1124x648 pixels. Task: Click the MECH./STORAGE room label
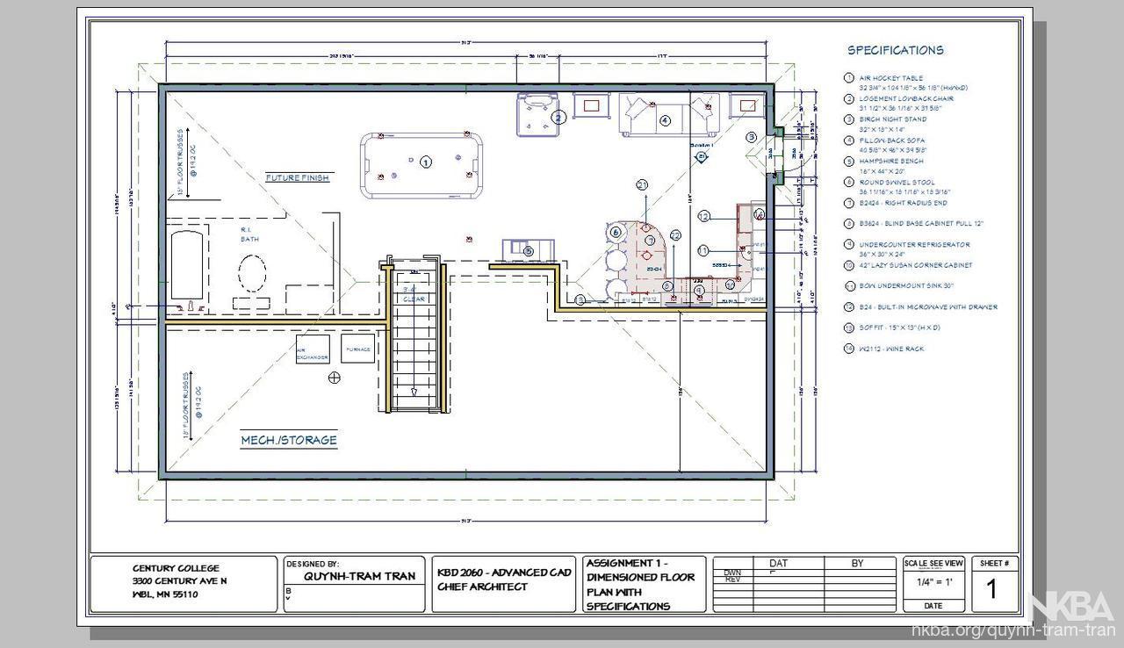coord(289,440)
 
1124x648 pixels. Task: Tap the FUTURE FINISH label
coord(298,177)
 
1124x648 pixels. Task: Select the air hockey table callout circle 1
coord(426,162)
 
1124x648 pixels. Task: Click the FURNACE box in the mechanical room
coord(357,349)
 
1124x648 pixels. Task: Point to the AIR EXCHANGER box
coord(313,349)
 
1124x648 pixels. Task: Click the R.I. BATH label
coord(249,234)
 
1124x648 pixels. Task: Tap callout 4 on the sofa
coord(665,120)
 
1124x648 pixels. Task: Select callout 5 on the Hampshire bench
coord(529,252)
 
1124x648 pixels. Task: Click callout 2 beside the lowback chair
coord(558,116)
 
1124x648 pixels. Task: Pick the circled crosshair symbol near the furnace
coord(334,378)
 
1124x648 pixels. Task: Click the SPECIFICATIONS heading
coord(895,50)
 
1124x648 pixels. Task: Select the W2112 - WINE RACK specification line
coord(891,349)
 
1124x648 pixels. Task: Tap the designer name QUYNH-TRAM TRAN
coord(352,577)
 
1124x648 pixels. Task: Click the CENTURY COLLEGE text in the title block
coord(176,568)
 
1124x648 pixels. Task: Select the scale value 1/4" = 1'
coord(933,582)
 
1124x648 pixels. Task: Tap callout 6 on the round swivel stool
coord(616,232)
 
